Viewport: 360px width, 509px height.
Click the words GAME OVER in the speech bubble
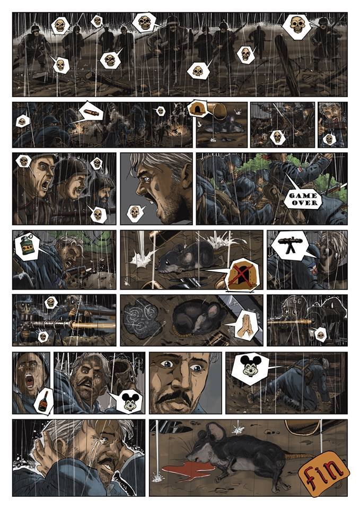(x=303, y=199)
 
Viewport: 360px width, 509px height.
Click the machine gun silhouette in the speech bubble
(x=288, y=246)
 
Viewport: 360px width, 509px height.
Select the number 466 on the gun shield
(x=295, y=301)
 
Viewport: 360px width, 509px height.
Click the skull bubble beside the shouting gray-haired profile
(x=135, y=213)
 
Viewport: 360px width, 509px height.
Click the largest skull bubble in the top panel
(x=297, y=25)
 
